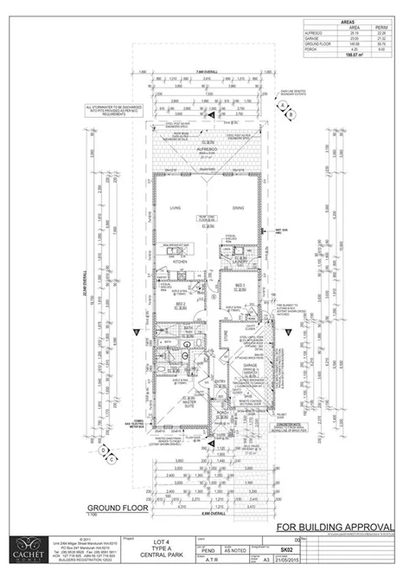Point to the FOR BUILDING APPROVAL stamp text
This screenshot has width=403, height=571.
tap(330, 528)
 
